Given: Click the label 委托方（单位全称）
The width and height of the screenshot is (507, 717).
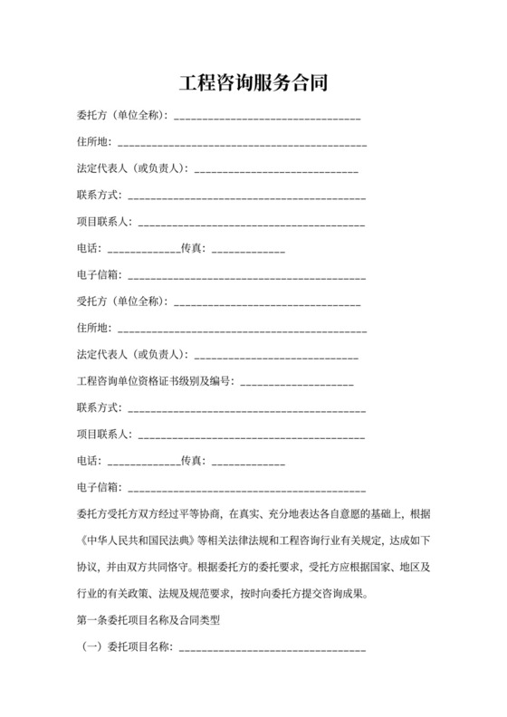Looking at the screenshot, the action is pyautogui.click(x=122, y=116).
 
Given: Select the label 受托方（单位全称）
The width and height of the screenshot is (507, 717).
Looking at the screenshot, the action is pyautogui.click(x=122, y=301).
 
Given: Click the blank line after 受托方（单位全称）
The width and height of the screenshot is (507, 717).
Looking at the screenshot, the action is pyautogui.click(x=267, y=303).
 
